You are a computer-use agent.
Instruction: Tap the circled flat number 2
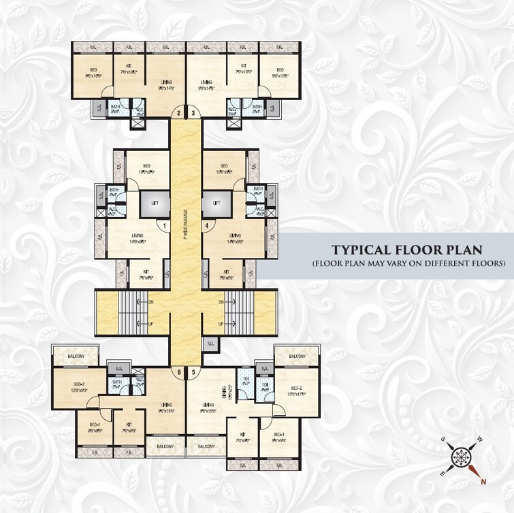click(179, 113)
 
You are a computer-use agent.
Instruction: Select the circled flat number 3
click(193, 113)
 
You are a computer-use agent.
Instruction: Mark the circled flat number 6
click(179, 372)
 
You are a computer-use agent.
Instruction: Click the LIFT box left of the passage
click(155, 203)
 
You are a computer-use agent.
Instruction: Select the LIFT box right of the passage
click(216, 203)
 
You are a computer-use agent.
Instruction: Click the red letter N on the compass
click(483, 483)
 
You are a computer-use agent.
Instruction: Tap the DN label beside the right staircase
click(221, 302)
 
